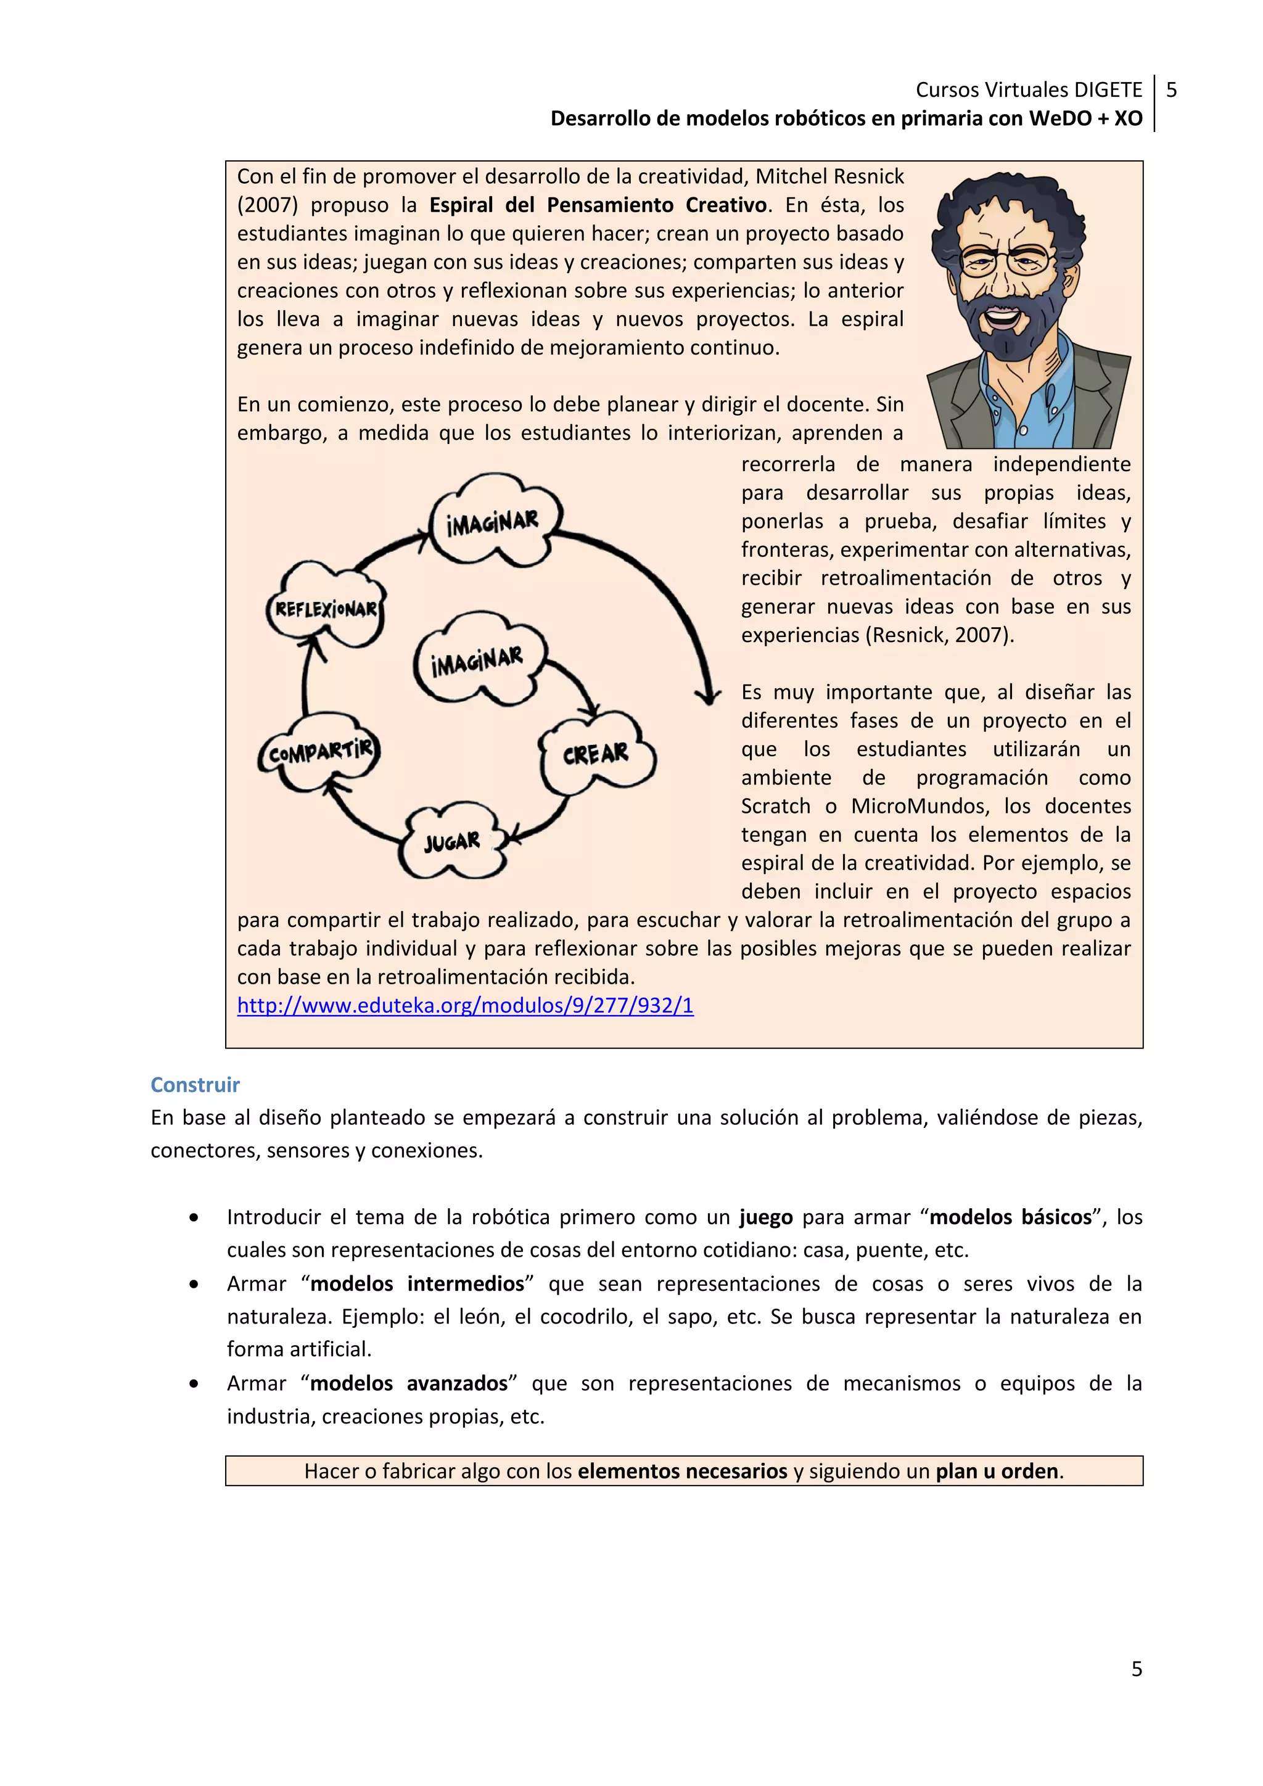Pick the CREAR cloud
(x=596, y=753)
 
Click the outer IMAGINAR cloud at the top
(x=492, y=521)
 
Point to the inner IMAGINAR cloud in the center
(x=477, y=661)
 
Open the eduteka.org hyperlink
(x=465, y=1006)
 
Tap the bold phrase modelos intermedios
(x=417, y=1283)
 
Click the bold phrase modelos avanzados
(x=409, y=1383)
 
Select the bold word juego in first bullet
(x=765, y=1217)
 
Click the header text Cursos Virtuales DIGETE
(x=1028, y=90)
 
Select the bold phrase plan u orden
(x=997, y=1471)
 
